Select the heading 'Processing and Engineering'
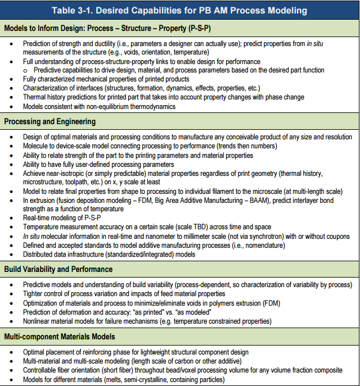pyautogui.click(x=49, y=121)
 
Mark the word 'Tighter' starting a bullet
pyautogui.click(x=33, y=293)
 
